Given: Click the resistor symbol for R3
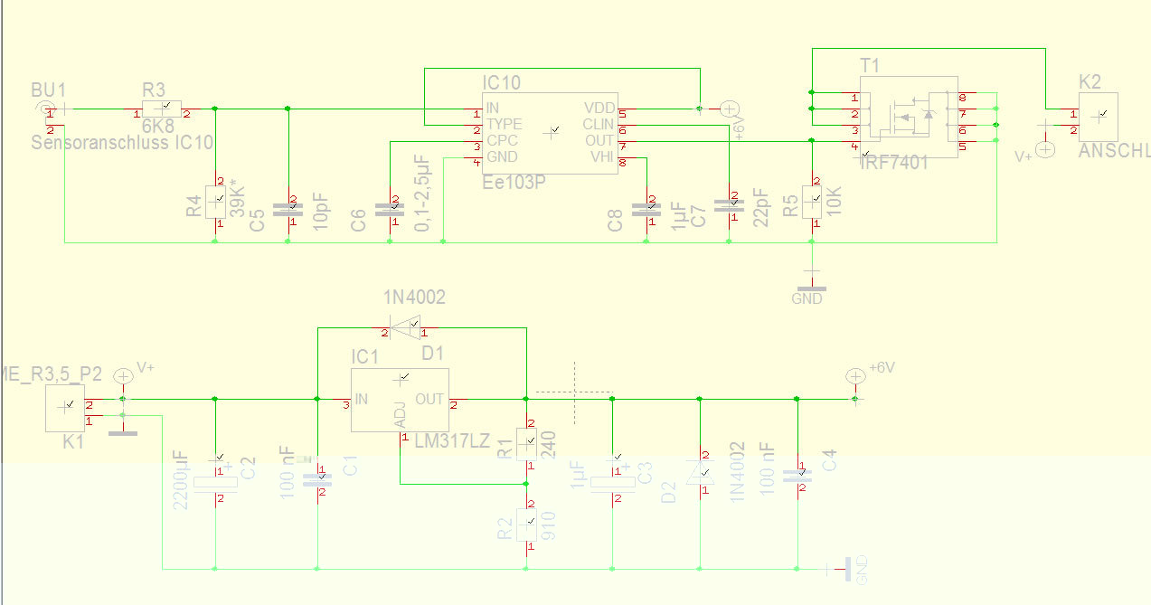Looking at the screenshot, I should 162,109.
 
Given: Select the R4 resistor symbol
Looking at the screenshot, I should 215,202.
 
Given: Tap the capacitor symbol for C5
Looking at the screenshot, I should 288,207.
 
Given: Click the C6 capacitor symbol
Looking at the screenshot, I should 391,207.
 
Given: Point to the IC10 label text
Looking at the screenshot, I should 501,83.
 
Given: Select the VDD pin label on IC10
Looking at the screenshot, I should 599,108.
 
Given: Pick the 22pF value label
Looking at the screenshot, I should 760,208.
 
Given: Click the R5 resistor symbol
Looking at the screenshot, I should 813,202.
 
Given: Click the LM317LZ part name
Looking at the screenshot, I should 452,441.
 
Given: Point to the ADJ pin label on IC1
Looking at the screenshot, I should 401,417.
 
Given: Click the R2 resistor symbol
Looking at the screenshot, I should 526,523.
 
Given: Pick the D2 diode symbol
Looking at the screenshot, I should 700,474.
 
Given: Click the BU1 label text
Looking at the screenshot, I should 49,90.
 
